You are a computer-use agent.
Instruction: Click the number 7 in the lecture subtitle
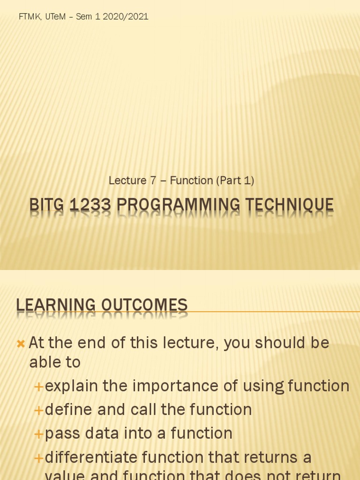click(152, 180)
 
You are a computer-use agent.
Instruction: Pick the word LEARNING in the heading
click(55, 305)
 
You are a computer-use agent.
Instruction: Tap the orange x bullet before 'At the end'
click(21, 344)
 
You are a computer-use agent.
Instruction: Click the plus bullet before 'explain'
click(39, 387)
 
